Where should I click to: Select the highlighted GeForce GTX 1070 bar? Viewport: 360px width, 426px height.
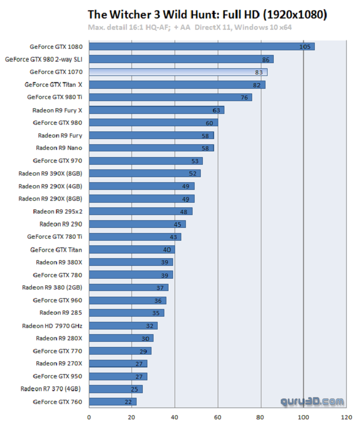178,72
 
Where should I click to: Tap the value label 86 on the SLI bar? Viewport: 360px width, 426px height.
266,60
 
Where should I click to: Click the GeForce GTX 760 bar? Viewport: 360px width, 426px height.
112,401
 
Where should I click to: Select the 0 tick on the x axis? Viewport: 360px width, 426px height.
89,417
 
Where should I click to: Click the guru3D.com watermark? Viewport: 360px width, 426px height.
312,401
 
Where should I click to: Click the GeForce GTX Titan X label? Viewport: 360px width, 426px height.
53,85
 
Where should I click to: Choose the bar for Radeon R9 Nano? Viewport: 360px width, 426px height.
151,148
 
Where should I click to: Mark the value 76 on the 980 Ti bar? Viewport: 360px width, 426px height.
244,98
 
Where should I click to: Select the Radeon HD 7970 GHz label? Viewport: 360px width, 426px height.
52,325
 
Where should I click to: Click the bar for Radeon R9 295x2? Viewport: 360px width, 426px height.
140,211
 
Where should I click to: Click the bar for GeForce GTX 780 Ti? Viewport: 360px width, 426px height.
135,237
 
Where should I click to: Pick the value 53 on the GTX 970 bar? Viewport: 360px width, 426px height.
195,161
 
